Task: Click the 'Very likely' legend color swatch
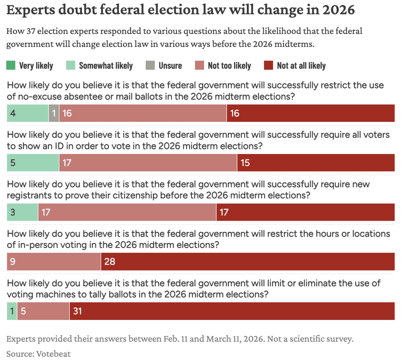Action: (11, 65)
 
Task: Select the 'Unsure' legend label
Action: (170, 65)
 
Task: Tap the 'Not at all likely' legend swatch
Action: (268, 65)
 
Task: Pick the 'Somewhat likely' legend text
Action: (106, 65)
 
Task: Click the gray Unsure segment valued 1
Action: (54, 113)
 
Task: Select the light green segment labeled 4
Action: (28, 113)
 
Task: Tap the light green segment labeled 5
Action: (33, 163)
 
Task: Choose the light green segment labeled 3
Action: (22, 212)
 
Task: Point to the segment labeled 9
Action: (54, 262)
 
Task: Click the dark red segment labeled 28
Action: (247, 262)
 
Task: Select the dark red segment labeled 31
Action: (232, 311)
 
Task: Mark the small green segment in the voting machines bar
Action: (12, 311)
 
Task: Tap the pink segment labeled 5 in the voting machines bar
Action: (43, 311)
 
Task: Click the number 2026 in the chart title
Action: (338, 10)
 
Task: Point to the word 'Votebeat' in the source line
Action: (54, 354)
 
